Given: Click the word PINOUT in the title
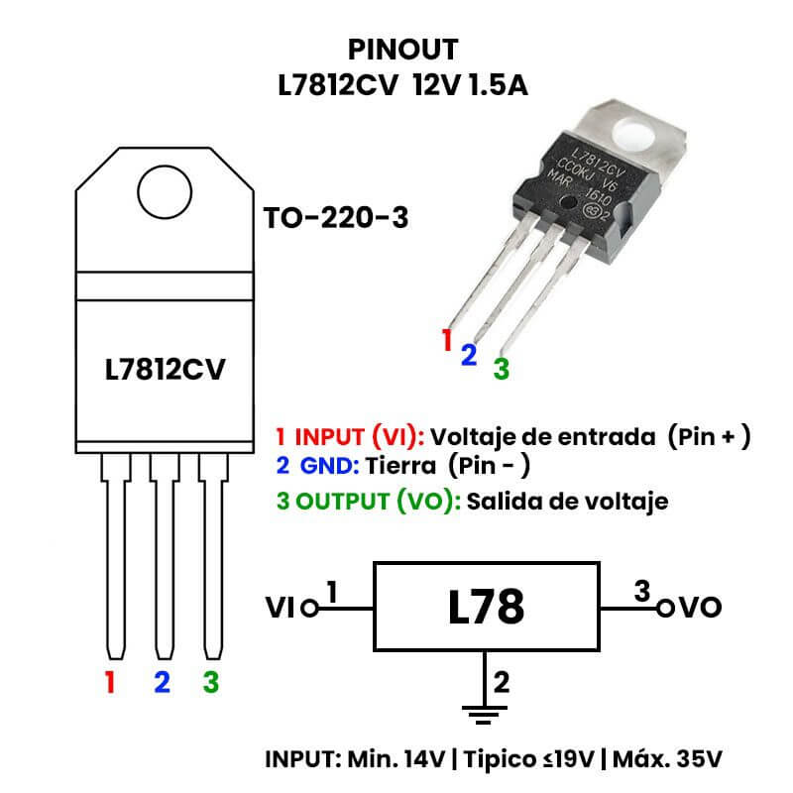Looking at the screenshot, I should coord(404,49).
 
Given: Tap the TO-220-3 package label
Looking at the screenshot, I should coord(335,218).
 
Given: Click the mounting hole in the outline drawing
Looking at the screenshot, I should coord(165,191).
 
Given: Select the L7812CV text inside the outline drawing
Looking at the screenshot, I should coord(166,370).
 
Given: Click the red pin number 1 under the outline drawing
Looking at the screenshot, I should coord(110,682).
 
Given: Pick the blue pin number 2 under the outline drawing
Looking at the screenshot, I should coord(162,682).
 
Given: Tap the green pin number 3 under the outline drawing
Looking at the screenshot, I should coord(210,682).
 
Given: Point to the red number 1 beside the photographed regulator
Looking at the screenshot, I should coord(447,340).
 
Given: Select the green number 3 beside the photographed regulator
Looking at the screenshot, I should coord(502,369).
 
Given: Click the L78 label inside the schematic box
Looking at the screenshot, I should coord(486,607).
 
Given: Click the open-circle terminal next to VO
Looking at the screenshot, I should coord(665,608).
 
